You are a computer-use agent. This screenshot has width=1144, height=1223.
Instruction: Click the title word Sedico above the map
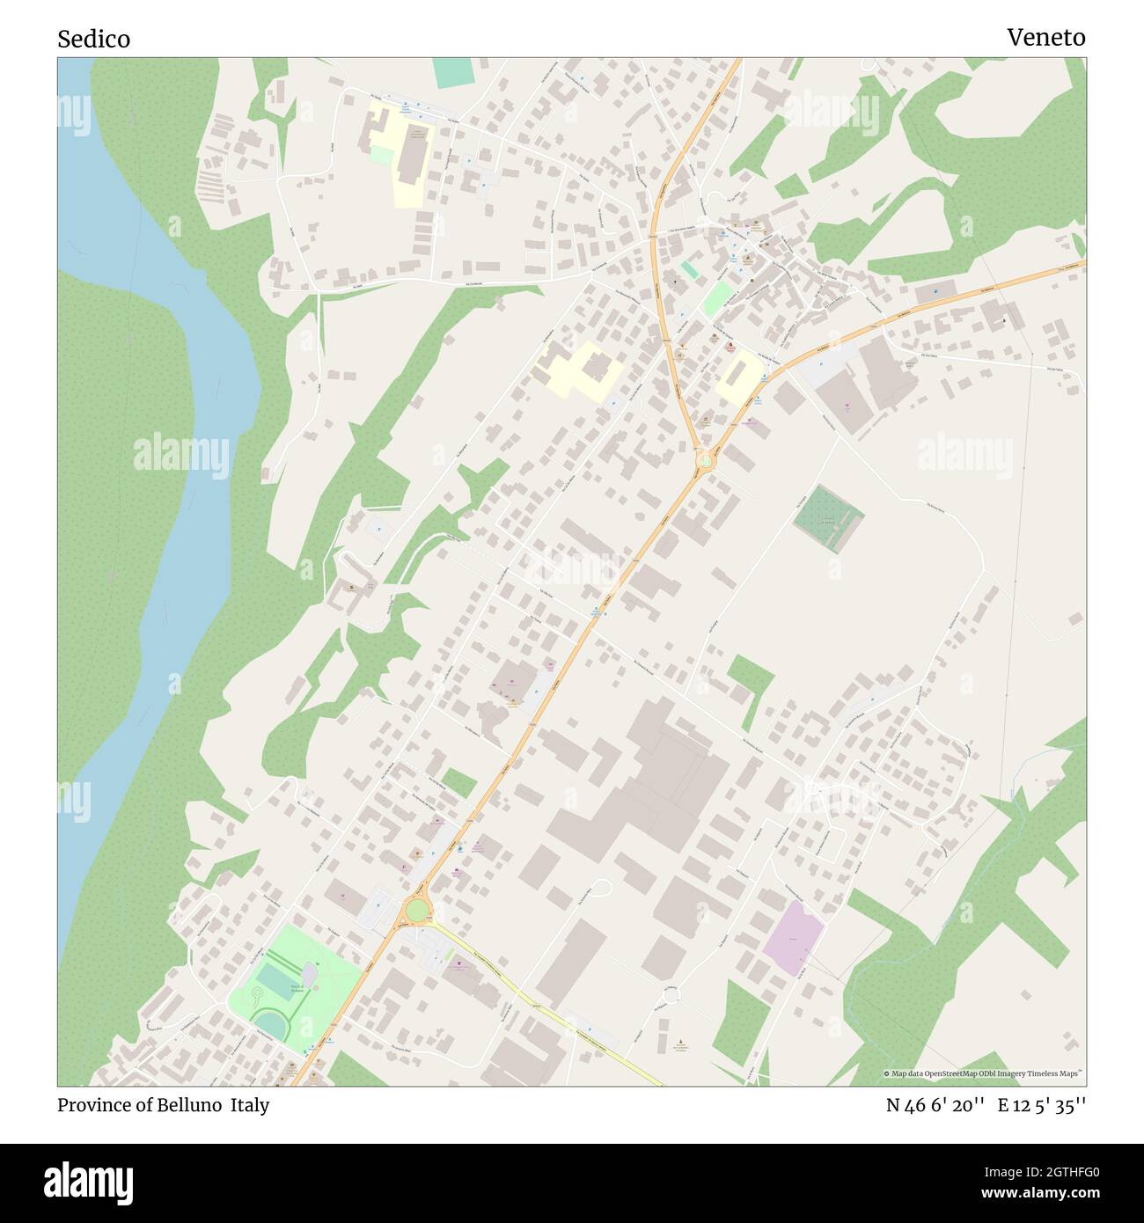(x=93, y=39)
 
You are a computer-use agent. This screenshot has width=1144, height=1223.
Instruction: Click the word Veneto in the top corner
(x=1045, y=37)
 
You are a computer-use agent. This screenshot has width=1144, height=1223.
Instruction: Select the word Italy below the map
(x=250, y=1105)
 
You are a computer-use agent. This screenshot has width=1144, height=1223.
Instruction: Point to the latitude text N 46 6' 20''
(x=935, y=1105)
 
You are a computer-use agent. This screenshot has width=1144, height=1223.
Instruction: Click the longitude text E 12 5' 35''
(x=1041, y=1105)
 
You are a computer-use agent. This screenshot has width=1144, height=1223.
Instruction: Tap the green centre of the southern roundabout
(x=416, y=909)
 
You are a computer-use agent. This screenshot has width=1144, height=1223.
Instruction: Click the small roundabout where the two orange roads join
(x=704, y=459)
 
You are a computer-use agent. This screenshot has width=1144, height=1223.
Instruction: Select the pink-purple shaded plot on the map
(x=794, y=937)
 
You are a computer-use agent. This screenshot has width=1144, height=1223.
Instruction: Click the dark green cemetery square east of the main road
(x=827, y=518)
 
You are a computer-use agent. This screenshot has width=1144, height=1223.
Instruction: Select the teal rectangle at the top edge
(x=452, y=73)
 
